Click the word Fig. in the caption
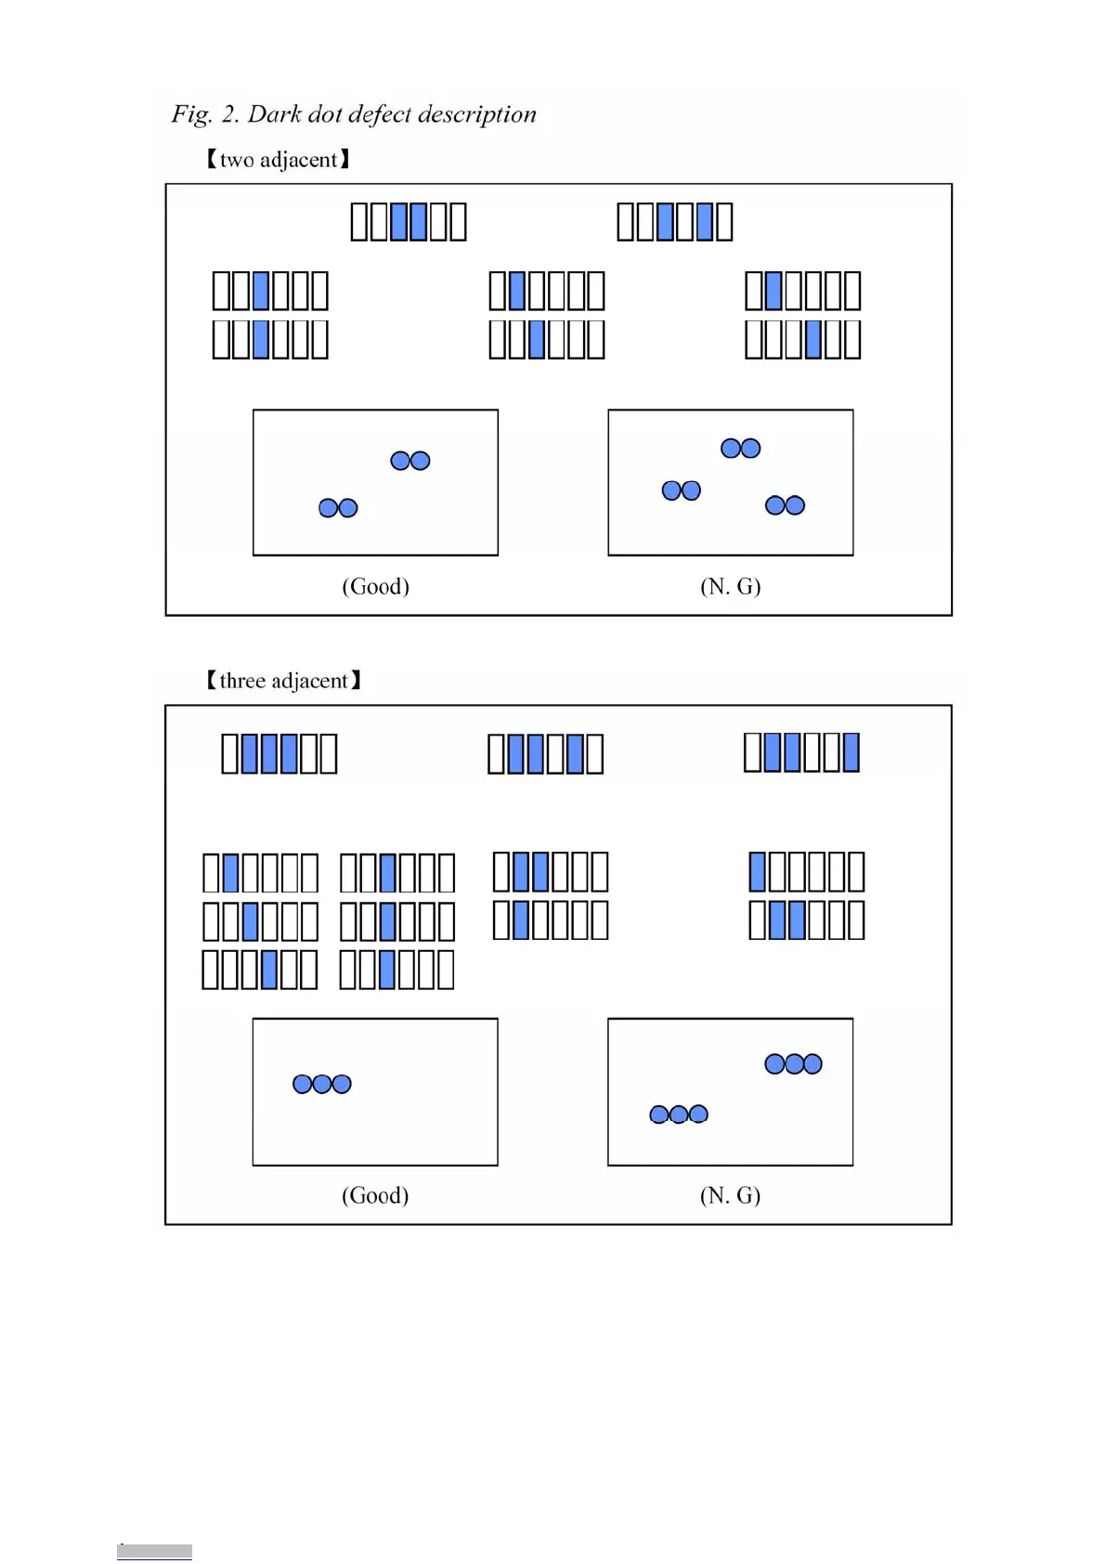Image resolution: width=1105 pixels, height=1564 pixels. click(x=191, y=114)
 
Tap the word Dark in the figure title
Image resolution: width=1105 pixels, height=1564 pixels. click(x=274, y=114)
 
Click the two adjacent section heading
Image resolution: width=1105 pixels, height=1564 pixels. click(x=278, y=160)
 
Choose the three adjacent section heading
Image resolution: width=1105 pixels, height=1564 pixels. click(x=283, y=681)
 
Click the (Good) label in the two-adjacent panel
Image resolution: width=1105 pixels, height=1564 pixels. click(x=375, y=586)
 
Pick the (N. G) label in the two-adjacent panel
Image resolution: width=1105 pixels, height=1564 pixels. click(x=730, y=586)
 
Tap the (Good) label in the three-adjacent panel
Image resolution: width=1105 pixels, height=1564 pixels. click(x=375, y=1195)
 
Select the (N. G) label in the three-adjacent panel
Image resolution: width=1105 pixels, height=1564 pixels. click(x=730, y=1195)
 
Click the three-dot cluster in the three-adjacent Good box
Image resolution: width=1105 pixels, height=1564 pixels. click(x=321, y=1084)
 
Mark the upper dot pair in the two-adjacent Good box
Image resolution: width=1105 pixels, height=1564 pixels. click(x=409, y=461)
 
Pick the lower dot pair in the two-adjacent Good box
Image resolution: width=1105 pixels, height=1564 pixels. click(x=338, y=508)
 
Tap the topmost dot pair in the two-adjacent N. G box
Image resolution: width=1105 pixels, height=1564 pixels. click(x=740, y=449)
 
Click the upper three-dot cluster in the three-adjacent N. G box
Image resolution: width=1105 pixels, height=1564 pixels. click(x=793, y=1063)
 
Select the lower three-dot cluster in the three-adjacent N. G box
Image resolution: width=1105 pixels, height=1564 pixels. click(x=678, y=1114)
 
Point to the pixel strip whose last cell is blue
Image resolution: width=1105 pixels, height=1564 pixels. click(x=801, y=752)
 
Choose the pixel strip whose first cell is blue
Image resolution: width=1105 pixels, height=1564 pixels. click(x=807, y=872)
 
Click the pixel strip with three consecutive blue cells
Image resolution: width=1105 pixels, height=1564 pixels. click(x=279, y=753)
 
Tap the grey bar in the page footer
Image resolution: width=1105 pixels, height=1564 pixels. click(x=154, y=1551)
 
